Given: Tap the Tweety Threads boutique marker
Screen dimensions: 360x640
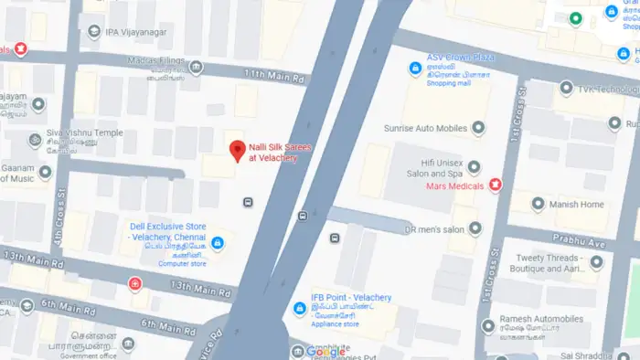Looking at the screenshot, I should (x=597, y=263).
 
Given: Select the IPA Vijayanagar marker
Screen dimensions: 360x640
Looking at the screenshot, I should (x=94, y=33).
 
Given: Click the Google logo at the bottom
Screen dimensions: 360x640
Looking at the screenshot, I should (x=326, y=352).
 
